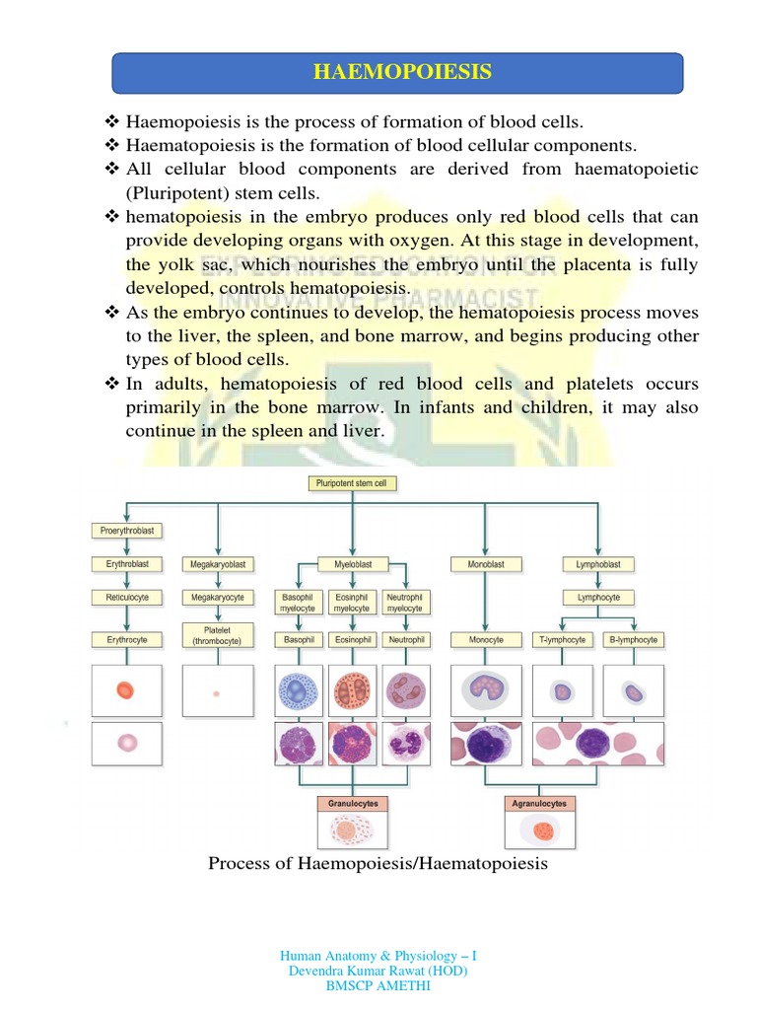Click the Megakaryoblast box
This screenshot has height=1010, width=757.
click(217, 564)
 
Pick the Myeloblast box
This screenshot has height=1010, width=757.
click(352, 564)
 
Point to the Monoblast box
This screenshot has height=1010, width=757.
click(477, 564)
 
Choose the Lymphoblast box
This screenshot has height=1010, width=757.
click(598, 564)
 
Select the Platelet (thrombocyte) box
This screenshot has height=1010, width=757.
click(217, 634)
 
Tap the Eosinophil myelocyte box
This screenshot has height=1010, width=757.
click(352, 603)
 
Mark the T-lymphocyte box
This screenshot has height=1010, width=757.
click(563, 639)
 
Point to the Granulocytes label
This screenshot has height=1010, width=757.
click(353, 804)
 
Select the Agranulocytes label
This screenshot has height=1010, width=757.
click(539, 804)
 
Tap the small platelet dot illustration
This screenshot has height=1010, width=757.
click(216, 693)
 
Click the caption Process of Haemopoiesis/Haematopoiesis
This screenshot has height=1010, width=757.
click(378, 864)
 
